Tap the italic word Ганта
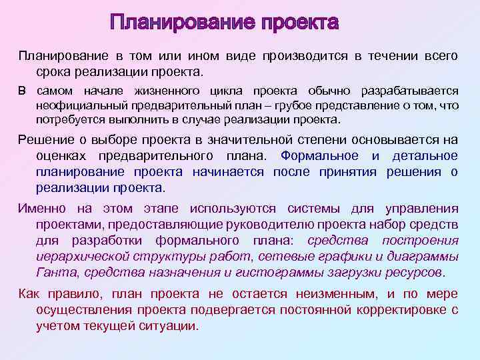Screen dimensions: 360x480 [53, 272]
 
